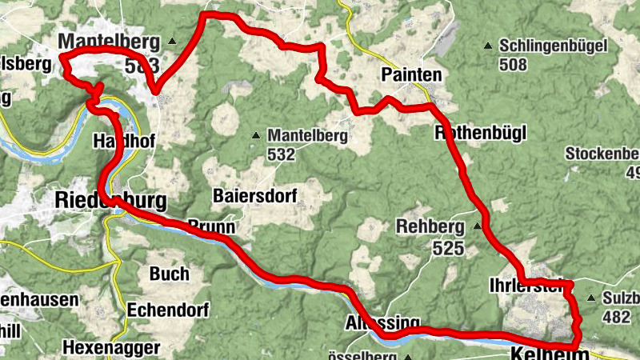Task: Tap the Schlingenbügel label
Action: pos(552,46)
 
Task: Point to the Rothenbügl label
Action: pos(480,133)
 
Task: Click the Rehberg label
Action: pos(430,227)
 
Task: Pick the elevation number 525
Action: pos(449,249)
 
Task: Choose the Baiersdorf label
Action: pos(255,195)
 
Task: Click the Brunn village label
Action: pos(211,227)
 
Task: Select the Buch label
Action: pos(170,274)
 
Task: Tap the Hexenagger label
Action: pos(111,348)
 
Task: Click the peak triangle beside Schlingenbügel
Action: pos(489,46)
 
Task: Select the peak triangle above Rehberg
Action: pos(478,226)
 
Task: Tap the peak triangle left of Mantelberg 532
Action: pos(256,136)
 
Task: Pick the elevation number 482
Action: pos(616,317)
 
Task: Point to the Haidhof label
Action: pos(125,140)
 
